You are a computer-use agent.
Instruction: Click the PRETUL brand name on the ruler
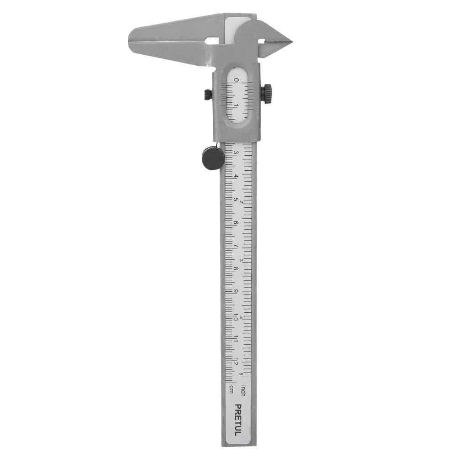[238, 420]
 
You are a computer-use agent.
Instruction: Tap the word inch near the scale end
[243, 391]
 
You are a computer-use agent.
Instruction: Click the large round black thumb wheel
[213, 158]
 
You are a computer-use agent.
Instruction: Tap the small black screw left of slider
[208, 95]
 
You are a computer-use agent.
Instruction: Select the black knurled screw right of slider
[266, 94]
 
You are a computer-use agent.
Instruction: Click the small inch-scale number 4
[241, 318]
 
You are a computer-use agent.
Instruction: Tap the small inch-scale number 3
[241, 260]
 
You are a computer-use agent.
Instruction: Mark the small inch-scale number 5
[241, 374]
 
